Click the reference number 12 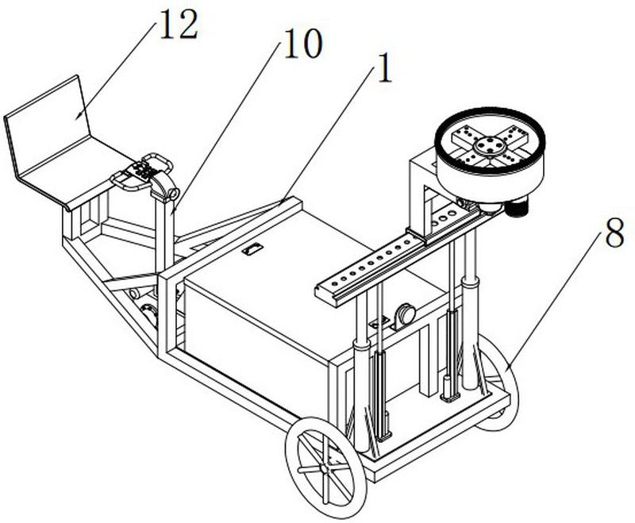[179, 25]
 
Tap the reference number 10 [304, 44]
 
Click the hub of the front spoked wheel [324, 468]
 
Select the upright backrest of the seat [47, 125]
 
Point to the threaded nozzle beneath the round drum [518, 206]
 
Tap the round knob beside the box [406, 313]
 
